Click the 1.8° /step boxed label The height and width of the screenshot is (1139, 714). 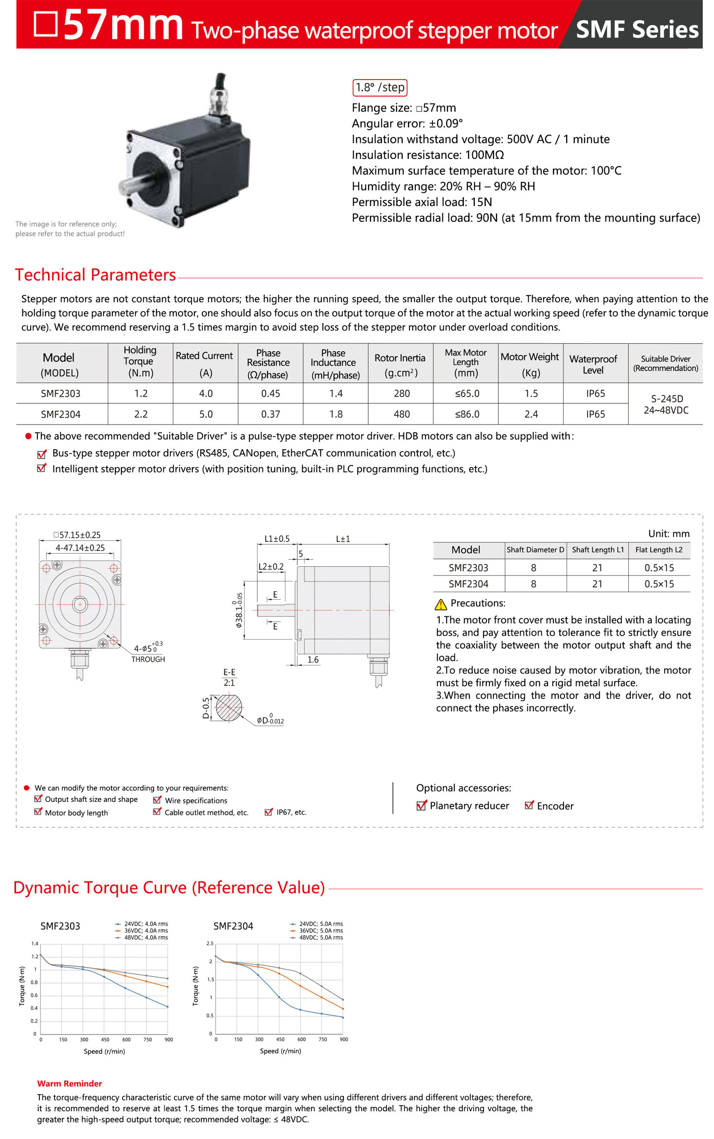tap(379, 87)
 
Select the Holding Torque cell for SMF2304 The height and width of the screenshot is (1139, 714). tap(141, 414)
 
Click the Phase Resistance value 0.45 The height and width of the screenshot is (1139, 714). tap(271, 393)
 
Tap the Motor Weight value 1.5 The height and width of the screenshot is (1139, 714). tap(531, 393)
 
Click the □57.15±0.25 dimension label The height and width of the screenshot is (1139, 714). tap(77, 535)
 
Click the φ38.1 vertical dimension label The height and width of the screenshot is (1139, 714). tap(240, 610)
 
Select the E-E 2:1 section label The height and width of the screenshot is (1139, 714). tap(229, 677)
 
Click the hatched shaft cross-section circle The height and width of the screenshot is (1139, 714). tap(229, 707)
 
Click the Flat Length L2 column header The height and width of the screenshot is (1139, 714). tap(659, 550)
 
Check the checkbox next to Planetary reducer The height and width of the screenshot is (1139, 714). tap(421, 806)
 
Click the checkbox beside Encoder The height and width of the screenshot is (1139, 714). tap(529, 805)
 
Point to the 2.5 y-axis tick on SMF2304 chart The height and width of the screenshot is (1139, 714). tap(210, 943)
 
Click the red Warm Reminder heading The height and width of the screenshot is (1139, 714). tap(69, 1083)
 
